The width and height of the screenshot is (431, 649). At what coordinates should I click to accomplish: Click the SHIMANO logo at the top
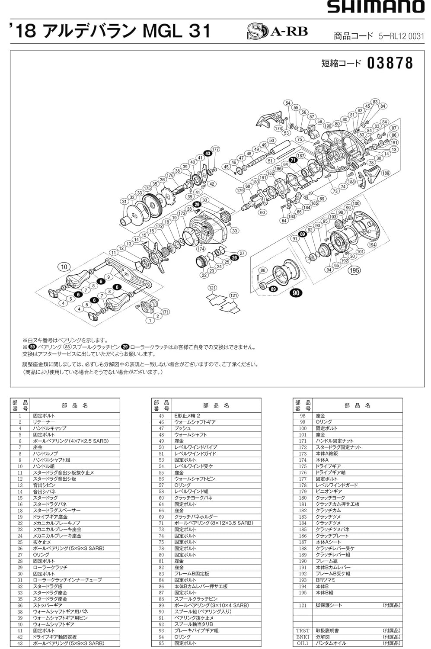376,6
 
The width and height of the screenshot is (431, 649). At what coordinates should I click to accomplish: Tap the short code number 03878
390,63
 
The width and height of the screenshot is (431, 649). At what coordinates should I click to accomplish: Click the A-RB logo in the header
277,31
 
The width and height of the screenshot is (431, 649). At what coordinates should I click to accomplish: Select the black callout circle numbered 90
296,293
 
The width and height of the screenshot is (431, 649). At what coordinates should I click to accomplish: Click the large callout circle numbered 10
64,267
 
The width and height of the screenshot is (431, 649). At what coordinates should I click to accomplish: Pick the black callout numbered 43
208,154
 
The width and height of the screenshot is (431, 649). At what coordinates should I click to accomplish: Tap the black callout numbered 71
293,160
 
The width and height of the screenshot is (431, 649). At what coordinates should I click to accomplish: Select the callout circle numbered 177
215,149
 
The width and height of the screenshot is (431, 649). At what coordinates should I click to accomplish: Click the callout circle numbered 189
386,173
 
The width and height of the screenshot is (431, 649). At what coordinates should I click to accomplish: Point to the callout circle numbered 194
372,244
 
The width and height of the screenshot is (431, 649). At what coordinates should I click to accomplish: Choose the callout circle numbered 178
278,129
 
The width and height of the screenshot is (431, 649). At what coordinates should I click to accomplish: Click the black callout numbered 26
234,257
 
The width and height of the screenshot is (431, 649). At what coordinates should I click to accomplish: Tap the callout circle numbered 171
165,312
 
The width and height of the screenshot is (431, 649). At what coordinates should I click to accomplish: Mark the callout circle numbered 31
124,202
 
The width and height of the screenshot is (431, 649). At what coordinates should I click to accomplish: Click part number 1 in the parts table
20,416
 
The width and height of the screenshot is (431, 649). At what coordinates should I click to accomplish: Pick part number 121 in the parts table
303,605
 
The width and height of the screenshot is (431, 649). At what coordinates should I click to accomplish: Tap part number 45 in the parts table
161,416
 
